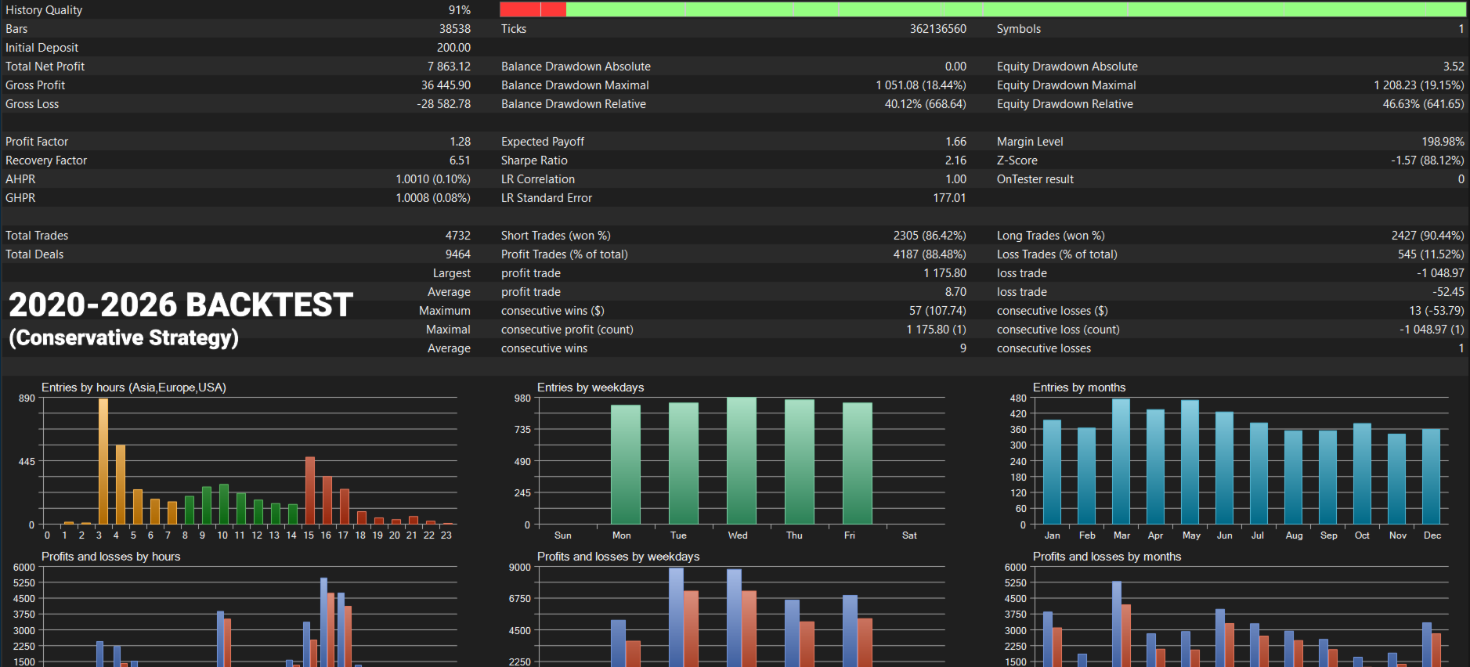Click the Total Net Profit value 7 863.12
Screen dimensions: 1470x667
tap(449, 67)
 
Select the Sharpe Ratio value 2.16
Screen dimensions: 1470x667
tap(955, 160)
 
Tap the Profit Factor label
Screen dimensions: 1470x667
tap(37, 142)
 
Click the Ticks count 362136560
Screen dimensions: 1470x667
tap(937, 29)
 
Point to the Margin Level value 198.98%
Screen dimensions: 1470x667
tap(1443, 142)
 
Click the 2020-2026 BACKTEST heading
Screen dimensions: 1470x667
tap(181, 305)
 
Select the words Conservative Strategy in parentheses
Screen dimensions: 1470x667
tap(124, 337)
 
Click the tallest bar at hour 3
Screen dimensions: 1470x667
tap(103, 461)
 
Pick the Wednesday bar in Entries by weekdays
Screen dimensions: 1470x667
tap(741, 460)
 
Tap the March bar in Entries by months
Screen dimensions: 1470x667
tap(1121, 461)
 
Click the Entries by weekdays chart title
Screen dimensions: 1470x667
tap(591, 388)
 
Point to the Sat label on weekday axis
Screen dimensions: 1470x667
tap(909, 535)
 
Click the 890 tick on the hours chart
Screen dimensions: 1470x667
tap(27, 398)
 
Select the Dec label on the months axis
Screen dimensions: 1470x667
tap(1432, 535)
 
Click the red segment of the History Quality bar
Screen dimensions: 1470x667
tap(533, 9)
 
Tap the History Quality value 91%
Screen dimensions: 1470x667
tap(460, 10)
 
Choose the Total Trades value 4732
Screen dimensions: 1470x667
tap(458, 236)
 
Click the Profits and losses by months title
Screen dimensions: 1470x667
tap(1107, 557)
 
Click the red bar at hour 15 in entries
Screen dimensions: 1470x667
tap(310, 490)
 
